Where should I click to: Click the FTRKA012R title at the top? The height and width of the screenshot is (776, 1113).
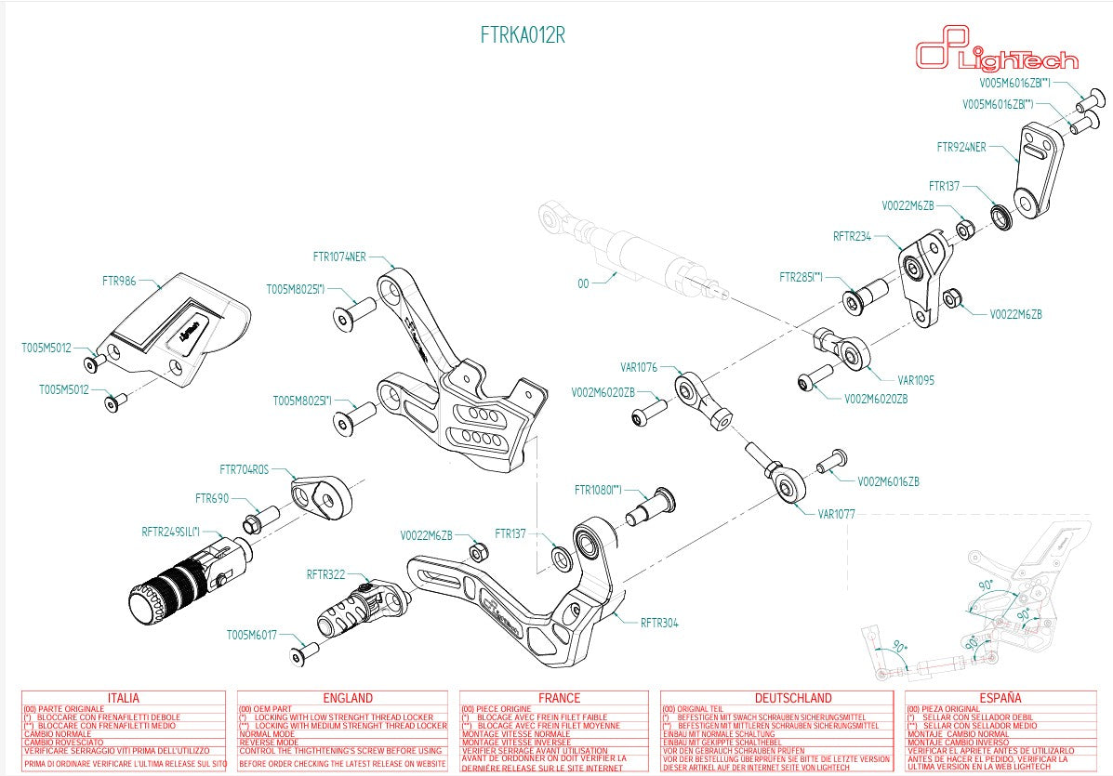523,36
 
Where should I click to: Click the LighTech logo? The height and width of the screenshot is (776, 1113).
997,55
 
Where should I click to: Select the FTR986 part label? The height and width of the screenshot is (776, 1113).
119,279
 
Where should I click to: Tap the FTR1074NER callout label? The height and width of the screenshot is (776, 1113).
339,256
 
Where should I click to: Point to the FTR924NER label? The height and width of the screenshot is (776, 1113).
961,146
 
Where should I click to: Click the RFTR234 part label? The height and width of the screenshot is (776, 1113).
852,236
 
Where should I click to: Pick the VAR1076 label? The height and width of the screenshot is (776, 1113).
639,368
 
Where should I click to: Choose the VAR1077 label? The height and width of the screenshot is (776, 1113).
836,513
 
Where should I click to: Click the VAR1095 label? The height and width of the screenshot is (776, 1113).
916,380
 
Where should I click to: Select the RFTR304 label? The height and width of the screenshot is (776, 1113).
658,623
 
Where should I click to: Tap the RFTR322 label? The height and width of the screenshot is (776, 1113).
325,575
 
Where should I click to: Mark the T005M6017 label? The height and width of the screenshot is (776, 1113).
251,636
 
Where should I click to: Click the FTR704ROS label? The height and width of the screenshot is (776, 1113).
244,470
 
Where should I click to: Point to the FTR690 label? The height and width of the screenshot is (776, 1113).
212,498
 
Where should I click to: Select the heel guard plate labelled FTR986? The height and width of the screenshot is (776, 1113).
177,325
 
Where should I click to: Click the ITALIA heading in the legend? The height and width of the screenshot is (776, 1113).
124,698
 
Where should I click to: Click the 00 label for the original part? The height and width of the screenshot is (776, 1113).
583,284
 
